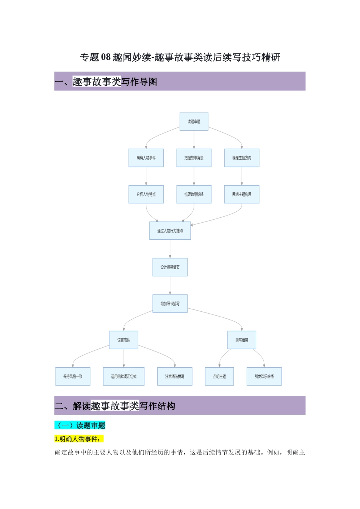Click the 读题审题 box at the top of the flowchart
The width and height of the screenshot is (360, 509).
click(194, 122)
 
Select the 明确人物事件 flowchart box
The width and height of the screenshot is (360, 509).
click(146, 158)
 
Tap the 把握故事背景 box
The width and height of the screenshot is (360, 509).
click(194, 158)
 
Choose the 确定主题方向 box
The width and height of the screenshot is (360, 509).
click(242, 158)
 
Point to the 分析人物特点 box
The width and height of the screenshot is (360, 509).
click(146, 194)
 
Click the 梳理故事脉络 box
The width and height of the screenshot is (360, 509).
click(194, 194)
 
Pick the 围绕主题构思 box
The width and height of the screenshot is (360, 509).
click(242, 194)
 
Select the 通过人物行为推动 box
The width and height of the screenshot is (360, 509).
click(170, 231)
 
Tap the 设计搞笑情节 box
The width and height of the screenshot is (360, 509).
click(170, 267)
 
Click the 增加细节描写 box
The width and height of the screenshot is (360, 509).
click(170, 304)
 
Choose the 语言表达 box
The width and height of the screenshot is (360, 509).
click(124, 340)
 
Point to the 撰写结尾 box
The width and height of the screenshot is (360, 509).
click(242, 340)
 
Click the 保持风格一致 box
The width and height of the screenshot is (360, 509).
click(73, 376)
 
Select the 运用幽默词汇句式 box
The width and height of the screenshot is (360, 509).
click(124, 376)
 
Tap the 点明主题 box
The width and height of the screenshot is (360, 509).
click(219, 376)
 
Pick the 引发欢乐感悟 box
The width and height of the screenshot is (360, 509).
click(264, 376)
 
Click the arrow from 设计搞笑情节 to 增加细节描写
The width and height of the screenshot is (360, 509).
click(170, 286)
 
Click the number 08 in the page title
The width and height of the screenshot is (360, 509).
click(106, 57)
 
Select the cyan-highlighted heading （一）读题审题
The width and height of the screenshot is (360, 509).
click(80, 425)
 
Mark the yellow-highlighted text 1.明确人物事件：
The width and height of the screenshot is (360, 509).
click(79, 439)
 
